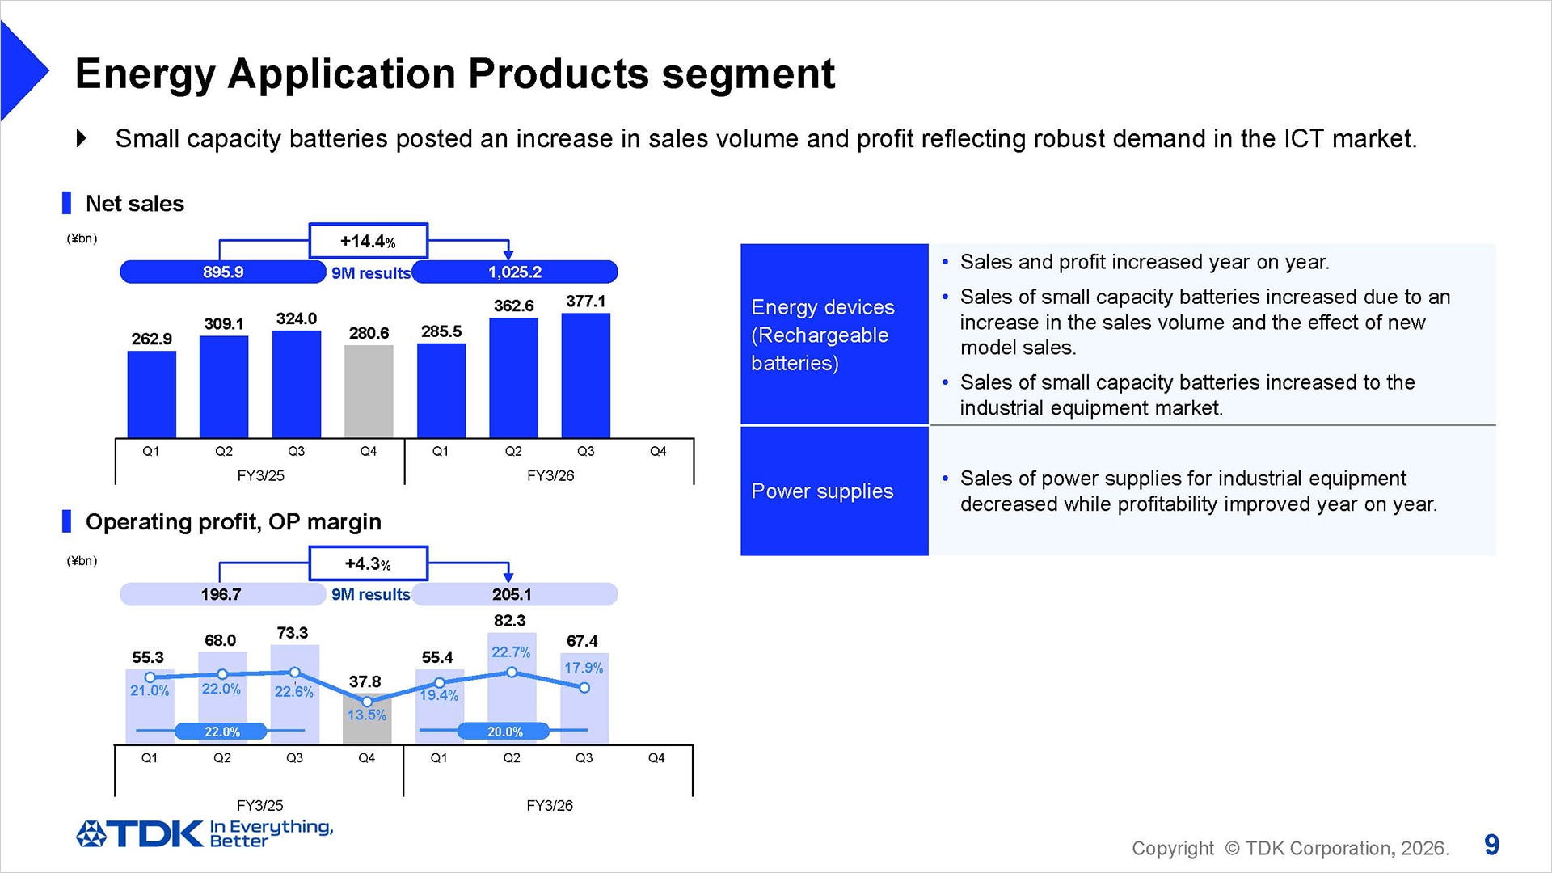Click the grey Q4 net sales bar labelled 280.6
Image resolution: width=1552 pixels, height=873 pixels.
(369, 391)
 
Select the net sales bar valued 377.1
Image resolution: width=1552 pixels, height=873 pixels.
(585, 375)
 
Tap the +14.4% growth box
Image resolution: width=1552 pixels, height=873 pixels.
(368, 241)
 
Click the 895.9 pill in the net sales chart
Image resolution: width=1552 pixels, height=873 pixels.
(222, 272)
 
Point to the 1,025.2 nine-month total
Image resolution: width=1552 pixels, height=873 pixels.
(515, 272)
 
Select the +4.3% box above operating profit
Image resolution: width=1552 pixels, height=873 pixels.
(368, 563)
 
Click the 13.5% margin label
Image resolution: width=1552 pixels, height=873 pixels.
(366, 715)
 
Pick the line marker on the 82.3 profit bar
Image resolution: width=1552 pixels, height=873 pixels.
(512, 672)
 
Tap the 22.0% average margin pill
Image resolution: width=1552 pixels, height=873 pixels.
(221, 732)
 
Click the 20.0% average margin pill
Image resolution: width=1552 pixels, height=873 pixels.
(504, 732)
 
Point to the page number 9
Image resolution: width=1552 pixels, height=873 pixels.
(1491, 845)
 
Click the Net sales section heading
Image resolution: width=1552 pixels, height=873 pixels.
(134, 204)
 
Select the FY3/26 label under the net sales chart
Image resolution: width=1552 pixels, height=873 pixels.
(550, 475)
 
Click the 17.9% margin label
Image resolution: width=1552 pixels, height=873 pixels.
(583, 668)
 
